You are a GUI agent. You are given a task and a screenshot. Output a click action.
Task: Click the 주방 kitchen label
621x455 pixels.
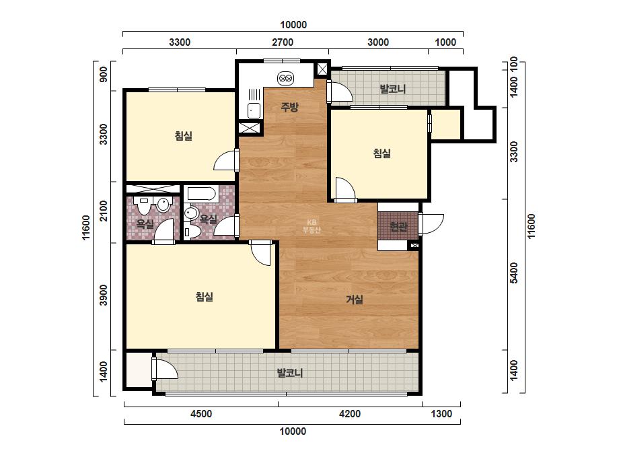(x=289, y=106)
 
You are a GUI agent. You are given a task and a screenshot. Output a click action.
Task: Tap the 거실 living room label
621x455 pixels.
(x=355, y=300)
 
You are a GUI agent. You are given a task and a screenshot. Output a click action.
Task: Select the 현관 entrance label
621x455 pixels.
(x=398, y=226)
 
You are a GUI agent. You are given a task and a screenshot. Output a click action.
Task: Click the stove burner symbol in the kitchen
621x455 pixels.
(x=285, y=78)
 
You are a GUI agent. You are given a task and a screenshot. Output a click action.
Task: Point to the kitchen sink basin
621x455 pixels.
(x=254, y=110)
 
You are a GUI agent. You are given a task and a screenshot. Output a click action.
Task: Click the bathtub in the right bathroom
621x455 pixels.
(x=201, y=194)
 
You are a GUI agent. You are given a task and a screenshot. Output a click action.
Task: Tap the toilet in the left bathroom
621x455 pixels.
(x=143, y=205)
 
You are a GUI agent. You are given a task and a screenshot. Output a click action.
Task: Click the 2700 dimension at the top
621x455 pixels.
(x=283, y=42)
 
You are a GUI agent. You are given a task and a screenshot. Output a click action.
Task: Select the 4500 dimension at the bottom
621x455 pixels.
(x=200, y=414)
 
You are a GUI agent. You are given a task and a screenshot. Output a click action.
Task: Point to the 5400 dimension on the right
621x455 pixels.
(x=513, y=273)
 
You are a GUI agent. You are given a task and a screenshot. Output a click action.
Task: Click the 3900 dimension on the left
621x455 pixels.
(x=104, y=295)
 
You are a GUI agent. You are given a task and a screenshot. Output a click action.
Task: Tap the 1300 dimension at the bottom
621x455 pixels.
(x=441, y=414)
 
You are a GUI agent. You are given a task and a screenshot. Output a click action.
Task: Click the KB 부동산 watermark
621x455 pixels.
(x=312, y=226)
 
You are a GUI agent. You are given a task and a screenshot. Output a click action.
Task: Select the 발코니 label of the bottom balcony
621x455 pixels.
(x=290, y=373)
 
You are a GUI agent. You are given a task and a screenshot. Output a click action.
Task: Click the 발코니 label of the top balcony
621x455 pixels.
(x=393, y=88)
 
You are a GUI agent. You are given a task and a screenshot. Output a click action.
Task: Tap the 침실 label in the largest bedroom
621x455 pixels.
(x=205, y=296)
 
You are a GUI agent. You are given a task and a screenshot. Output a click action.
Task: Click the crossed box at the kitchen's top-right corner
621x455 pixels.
(x=322, y=69)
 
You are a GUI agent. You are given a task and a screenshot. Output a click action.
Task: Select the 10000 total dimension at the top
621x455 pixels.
(x=293, y=25)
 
